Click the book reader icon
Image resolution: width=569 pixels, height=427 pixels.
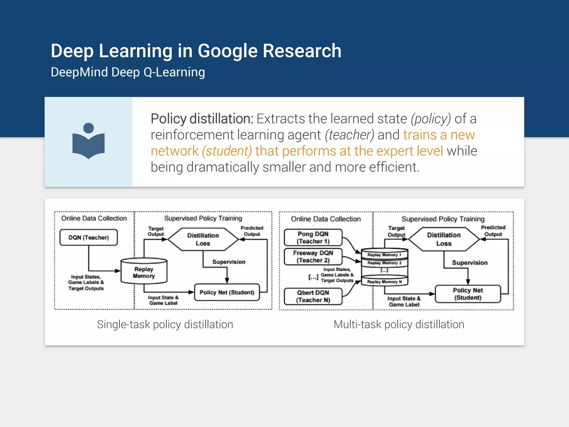click(88, 141)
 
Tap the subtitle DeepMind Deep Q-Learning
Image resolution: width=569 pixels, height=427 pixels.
click(128, 72)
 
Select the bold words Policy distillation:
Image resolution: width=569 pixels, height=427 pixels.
click(202, 119)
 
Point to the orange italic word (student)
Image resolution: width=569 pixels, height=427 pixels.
click(227, 151)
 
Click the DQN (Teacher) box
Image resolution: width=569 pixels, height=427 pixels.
click(89, 237)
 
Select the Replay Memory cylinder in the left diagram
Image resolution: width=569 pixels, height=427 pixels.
click(144, 272)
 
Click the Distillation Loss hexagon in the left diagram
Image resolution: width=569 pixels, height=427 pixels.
click(203, 239)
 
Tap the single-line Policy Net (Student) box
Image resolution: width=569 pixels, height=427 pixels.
click(227, 292)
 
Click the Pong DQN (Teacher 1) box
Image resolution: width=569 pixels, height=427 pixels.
click(313, 237)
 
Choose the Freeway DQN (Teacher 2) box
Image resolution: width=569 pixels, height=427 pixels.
click(313, 257)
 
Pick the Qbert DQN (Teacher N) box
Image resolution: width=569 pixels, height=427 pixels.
click(313, 296)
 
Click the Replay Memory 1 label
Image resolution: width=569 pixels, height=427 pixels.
click(384, 255)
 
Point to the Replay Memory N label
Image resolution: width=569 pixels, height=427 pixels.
click(384, 282)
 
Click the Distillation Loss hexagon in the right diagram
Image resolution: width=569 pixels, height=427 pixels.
click(444, 239)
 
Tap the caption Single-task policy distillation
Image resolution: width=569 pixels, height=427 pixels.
click(165, 324)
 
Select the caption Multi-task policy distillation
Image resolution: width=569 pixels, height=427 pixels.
click(399, 324)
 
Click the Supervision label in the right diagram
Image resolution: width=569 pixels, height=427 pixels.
click(470, 263)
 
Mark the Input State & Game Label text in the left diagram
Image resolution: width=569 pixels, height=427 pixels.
click(163, 300)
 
